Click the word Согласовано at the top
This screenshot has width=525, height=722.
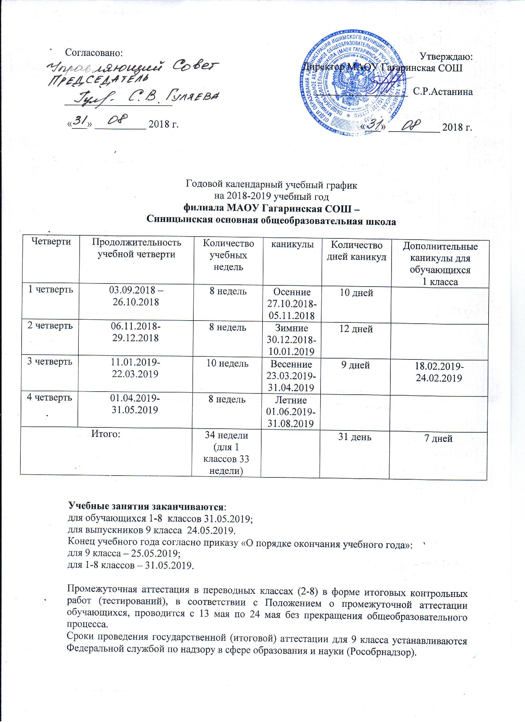(x=94, y=52)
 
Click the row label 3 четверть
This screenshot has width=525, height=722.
(x=49, y=362)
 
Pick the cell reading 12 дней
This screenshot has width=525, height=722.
(x=356, y=329)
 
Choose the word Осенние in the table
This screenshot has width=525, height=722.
(x=292, y=292)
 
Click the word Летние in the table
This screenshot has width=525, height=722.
(x=292, y=400)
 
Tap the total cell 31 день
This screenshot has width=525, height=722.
(x=354, y=437)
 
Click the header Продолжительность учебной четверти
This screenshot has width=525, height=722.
(x=136, y=248)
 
